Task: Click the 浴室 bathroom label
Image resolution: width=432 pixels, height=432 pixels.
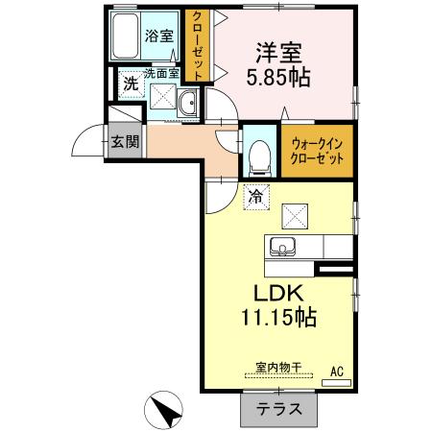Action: point(158,36)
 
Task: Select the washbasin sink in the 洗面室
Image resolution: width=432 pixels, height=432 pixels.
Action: point(188,103)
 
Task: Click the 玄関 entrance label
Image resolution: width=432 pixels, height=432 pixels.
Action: point(124,143)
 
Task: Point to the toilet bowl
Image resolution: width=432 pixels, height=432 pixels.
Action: point(256,154)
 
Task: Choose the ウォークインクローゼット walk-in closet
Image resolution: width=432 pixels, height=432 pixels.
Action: point(316,151)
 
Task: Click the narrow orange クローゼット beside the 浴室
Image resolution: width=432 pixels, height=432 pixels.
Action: point(198,45)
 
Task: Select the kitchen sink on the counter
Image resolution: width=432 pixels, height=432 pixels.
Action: point(286,247)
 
